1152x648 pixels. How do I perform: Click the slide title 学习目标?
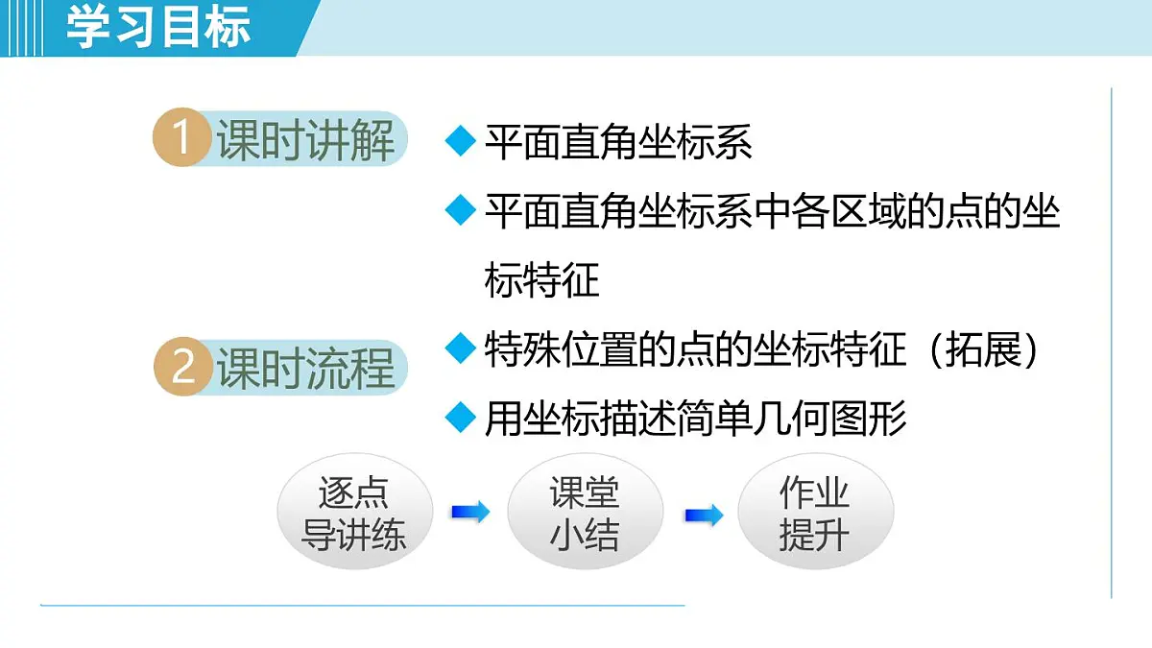[159, 27]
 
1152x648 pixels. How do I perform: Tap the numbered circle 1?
[181, 139]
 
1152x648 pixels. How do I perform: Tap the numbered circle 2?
[182, 368]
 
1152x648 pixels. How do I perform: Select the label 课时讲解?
[305, 140]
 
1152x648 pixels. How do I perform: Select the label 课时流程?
[305, 369]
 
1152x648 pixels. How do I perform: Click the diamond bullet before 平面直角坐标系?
[462, 142]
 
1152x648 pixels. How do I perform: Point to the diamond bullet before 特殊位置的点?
[462, 348]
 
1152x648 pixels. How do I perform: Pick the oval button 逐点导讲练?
[354, 513]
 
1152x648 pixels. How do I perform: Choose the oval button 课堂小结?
[585, 513]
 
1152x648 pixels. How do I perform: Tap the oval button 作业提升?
[815, 513]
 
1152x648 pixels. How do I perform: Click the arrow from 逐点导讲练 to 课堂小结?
[469, 513]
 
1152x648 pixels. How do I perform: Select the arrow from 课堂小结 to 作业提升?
[703, 516]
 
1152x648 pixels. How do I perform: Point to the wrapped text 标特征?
[541, 280]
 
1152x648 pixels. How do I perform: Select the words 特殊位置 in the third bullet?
[561, 349]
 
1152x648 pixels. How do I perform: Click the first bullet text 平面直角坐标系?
[618, 143]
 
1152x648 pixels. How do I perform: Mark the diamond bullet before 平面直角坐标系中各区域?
[462, 210]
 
